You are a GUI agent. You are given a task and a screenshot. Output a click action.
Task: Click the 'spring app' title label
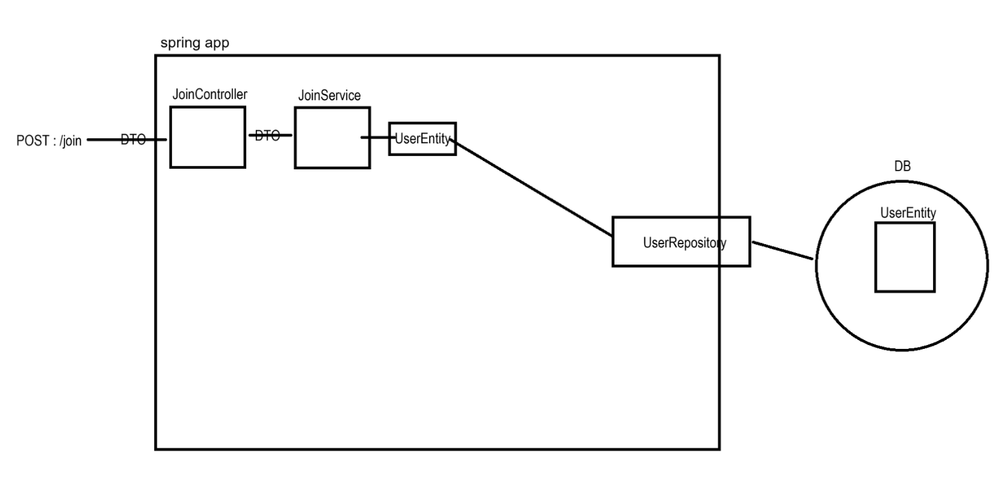[x=194, y=43]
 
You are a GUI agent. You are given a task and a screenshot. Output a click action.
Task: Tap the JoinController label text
[x=210, y=95]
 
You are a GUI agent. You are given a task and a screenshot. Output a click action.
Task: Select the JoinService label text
[x=329, y=96]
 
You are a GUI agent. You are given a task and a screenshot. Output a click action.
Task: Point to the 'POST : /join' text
[x=49, y=141]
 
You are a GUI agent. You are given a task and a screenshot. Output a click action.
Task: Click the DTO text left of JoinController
[x=133, y=139]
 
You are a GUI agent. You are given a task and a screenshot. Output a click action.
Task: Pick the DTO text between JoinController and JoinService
[x=267, y=135]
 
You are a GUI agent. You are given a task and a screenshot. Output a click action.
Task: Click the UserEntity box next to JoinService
[x=422, y=139]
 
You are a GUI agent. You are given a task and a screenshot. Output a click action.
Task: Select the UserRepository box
[x=681, y=242]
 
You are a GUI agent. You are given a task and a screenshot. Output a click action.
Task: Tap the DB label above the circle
[x=902, y=166]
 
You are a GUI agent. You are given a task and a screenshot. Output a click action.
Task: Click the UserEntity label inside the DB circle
[x=908, y=213]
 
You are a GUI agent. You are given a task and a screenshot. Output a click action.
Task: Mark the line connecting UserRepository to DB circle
[x=783, y=251]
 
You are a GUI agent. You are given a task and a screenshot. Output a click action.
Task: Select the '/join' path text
[x=70, y=141]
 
